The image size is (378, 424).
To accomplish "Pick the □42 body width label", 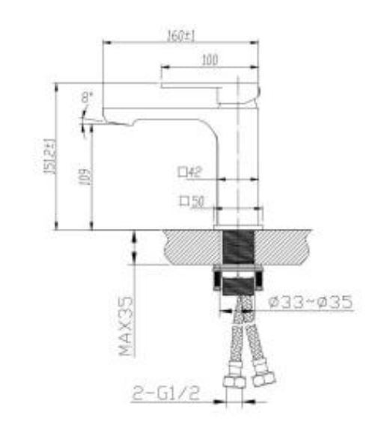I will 192,172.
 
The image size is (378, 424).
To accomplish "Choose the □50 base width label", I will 192,201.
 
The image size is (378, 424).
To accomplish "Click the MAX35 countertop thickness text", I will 126,328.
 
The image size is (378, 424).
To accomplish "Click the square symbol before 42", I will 182,172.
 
